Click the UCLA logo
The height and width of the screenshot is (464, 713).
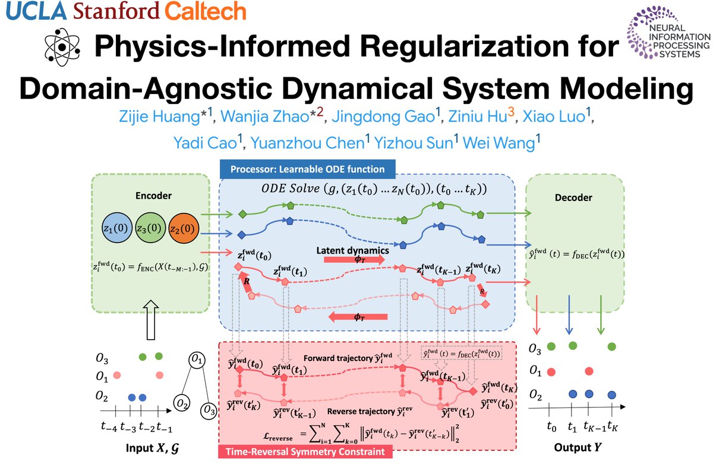[x=36, y=11]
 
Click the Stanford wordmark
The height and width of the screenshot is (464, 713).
[x=116, y=11]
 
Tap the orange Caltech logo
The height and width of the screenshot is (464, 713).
[x=206, y=11]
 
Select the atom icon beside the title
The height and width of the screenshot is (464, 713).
[x=62, y=47]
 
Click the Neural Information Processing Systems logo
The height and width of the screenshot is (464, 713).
[x=668, y=33]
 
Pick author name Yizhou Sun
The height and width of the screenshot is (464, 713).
[x=414, y=142]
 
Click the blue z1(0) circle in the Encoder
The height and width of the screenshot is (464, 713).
[x=117, y=228]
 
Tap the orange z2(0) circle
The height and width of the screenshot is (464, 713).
[x=184, y=228]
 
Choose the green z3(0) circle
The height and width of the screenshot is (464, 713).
[x=150, y=228]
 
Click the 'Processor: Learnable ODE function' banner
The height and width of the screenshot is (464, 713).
[x=308, y=169]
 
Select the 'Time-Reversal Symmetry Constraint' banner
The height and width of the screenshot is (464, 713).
[x=305, y=452]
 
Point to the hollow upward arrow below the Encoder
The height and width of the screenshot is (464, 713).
[x=151, y=320]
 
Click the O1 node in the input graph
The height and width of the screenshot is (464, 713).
[x=197, y=360]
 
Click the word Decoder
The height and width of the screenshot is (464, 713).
[x=573, y=197]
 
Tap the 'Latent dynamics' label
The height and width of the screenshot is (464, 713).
[x=353, y=250]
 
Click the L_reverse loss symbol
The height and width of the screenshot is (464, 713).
[x=278, y=437]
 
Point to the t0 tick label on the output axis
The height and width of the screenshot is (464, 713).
[x=551, y=426]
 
